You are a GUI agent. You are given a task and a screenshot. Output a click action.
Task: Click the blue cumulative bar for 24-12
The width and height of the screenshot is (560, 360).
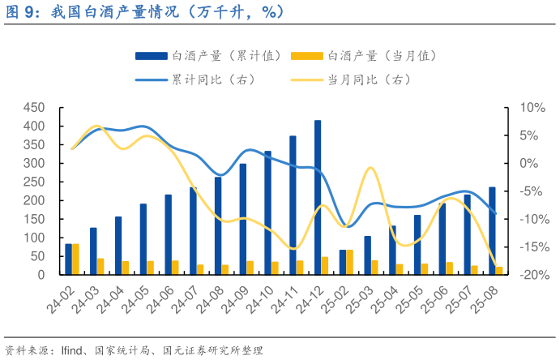[x=318, y=197]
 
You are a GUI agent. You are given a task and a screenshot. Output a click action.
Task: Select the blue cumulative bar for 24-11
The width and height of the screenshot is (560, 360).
[x=293, y=205]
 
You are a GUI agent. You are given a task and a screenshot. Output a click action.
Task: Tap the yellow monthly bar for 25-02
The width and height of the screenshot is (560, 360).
[x=350, y=262]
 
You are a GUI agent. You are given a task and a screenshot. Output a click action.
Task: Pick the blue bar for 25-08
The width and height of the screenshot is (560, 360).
[x=492, y=230]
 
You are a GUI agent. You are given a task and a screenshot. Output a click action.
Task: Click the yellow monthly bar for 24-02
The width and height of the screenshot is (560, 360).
[x=76, y=259]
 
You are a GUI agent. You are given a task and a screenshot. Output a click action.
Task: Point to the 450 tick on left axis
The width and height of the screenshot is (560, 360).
[x=33, y=108]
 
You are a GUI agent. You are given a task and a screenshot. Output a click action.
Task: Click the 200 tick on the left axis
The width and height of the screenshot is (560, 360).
[x=33, y=200]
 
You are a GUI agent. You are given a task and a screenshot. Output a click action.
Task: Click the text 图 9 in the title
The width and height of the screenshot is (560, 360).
[x=23, y=12]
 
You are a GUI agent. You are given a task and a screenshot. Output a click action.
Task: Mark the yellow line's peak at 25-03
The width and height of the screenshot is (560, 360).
[x=370, y=168]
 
